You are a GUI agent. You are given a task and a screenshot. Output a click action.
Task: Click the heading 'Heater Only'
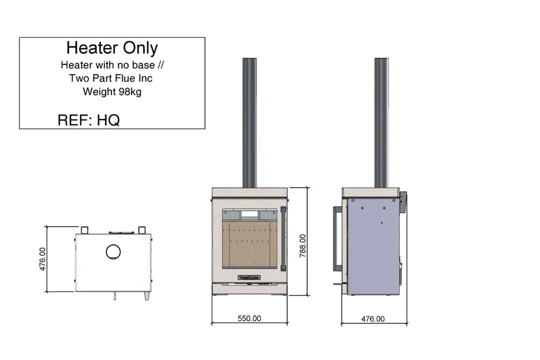112,48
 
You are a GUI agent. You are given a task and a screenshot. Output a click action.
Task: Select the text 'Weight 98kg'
112,92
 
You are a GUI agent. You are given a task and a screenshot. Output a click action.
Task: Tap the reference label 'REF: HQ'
88,121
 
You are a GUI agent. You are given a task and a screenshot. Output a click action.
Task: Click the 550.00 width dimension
249,319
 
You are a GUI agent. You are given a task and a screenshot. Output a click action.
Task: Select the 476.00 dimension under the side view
373,319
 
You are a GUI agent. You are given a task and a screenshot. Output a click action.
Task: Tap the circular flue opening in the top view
113,251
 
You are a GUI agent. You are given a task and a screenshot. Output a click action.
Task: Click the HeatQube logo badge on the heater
249,278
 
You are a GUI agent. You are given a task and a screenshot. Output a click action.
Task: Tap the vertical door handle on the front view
283,238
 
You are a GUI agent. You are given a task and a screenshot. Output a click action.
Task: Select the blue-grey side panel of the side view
373,245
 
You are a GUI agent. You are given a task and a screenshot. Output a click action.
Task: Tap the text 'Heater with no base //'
112,65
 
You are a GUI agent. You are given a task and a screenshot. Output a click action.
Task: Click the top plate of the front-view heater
249,192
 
